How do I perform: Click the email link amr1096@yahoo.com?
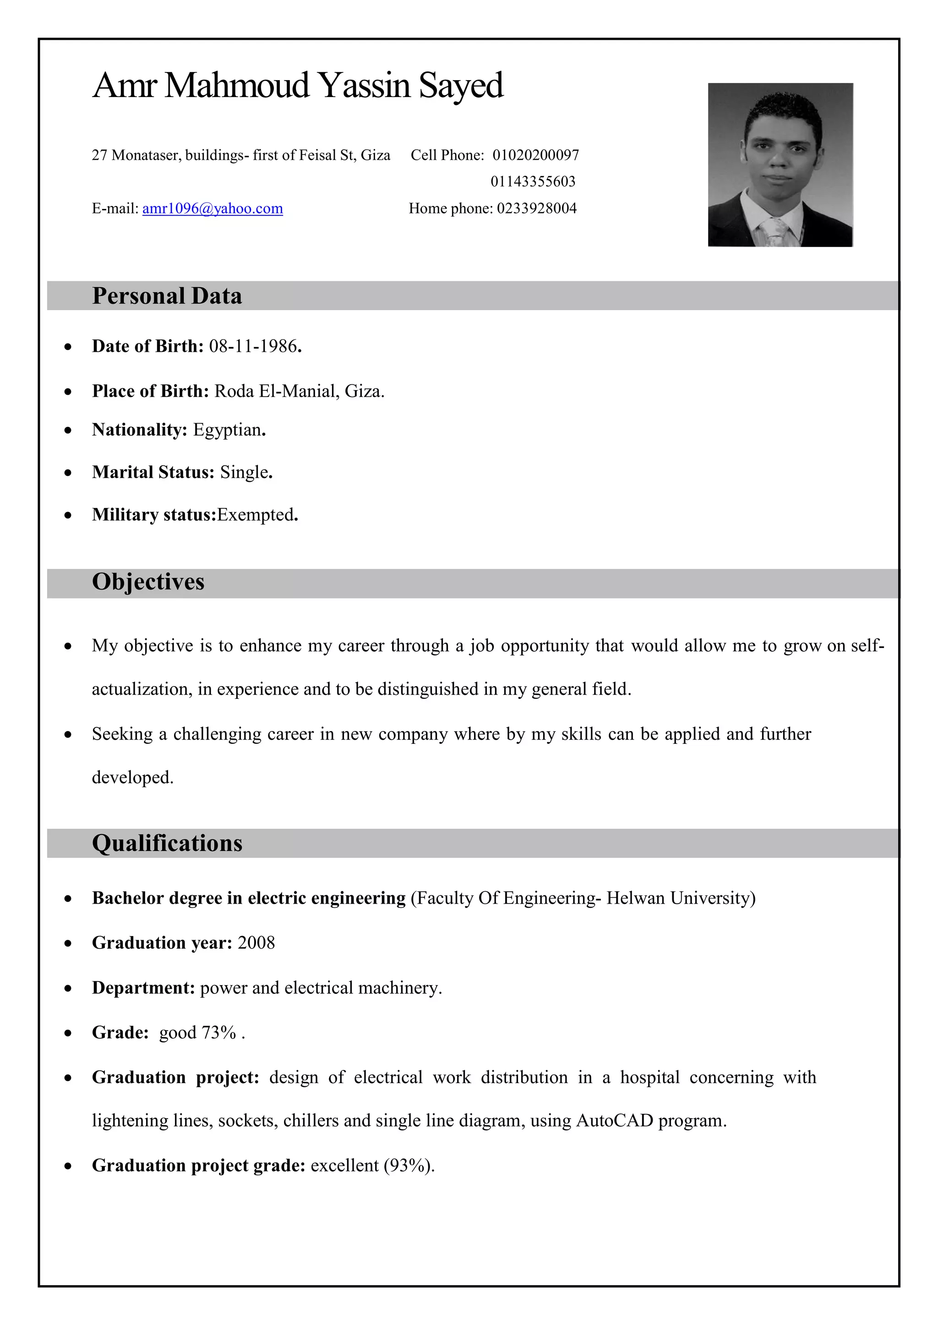click(x=213, y=208)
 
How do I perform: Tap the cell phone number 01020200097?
click(x=535, y=155)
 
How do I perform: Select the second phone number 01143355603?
click(x=533, y=182)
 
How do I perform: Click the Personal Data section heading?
click(x=167, y=296)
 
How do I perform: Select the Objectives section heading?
click(x=148, y=582)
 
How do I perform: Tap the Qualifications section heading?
click(x=167, y=843)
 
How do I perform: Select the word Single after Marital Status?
click(x=244, y=473)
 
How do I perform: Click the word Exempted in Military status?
click(x=255, y=515)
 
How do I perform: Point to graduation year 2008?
click(x=256, y=943)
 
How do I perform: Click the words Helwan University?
click(x=680, y=898)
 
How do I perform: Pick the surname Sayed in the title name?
click(x=460, y=86)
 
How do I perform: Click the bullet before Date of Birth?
click(x=68, y=347)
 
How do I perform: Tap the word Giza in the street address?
click(x=376, y=155)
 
